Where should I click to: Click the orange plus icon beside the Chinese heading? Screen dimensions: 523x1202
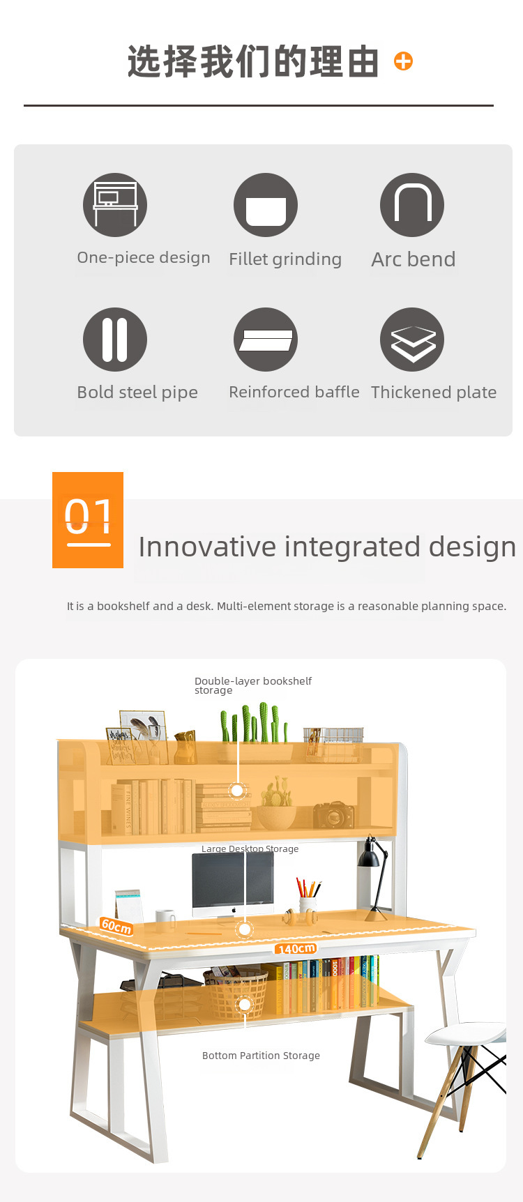pyautogui.click(x=403, y=61)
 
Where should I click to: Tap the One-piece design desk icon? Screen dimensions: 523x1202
pyautogui.click(x=115, y=205)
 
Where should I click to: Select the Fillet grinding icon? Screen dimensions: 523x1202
pyautogui.click(x=266, y=205)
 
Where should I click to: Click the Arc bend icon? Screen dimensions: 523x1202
pyautogui.click(x=412, y=205)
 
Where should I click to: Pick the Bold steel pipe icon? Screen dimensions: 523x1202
pyautogui.click(x=115, y=340)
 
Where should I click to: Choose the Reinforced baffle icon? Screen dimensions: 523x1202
pyautogui.click(x=266, y=340)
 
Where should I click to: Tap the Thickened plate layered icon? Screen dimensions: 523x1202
pyautogui.click(x=412, y=340)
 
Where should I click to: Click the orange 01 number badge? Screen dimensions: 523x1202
pyautogui.click(x=88, y=520)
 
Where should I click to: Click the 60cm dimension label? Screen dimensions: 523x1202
pyautogui.click(x=116, y=926)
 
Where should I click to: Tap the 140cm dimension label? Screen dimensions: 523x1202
pyautogui.click(x=296, y=948)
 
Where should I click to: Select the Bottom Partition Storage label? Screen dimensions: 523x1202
pyautogui.click(x=261, y=1056)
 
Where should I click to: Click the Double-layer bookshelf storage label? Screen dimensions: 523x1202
pyautogui.click(x=253, y=685)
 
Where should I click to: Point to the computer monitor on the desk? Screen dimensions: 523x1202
pyautogui.click(x=233, y=882)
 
